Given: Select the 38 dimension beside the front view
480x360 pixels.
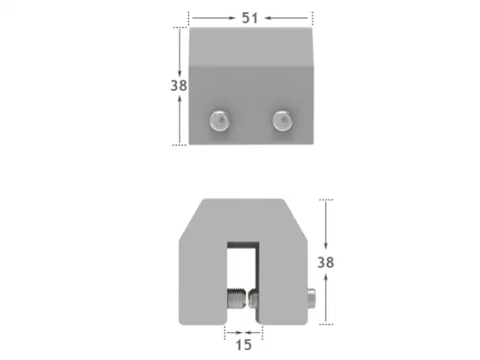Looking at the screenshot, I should (x=180, y=85).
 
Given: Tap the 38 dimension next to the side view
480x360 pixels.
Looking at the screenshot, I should (x=326, y=261).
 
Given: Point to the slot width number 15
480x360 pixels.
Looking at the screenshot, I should (x=244, y=345).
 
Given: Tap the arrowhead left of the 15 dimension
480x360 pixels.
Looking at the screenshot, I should (x=229, y=333).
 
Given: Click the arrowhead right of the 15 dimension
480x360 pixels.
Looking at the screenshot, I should (x=258, y=333).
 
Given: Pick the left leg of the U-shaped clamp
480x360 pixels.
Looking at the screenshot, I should (x=203, y=280).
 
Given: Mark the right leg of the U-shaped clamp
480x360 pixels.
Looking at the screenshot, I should (x=282, y=280).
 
